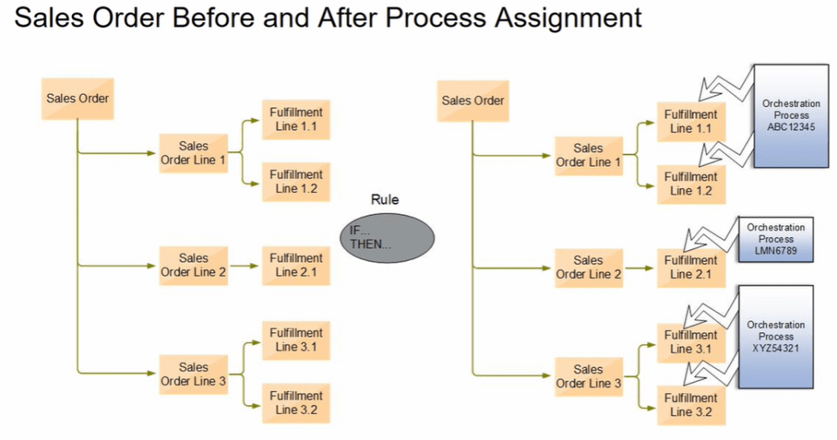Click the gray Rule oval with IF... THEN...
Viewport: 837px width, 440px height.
(387, 236)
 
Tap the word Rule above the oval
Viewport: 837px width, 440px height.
(385, 199)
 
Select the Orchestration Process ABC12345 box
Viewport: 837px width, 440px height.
(790, 116)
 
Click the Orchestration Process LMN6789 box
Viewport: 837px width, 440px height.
(776, 239)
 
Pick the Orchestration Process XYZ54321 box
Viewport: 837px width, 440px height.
(776, 336)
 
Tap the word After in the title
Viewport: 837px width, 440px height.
(346, 18)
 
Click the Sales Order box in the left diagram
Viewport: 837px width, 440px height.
(77, 99)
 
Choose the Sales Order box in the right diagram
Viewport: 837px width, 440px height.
(473, 101)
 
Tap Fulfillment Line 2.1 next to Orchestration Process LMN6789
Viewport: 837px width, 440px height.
(691, 267)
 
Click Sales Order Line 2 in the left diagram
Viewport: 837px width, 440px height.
(194, 265)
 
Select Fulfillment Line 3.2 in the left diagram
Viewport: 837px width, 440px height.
(297, 402)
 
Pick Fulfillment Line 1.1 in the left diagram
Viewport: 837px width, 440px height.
(297, 119)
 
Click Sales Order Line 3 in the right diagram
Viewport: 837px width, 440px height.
(589, 376)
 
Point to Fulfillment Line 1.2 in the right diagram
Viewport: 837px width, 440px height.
(691, 183)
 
